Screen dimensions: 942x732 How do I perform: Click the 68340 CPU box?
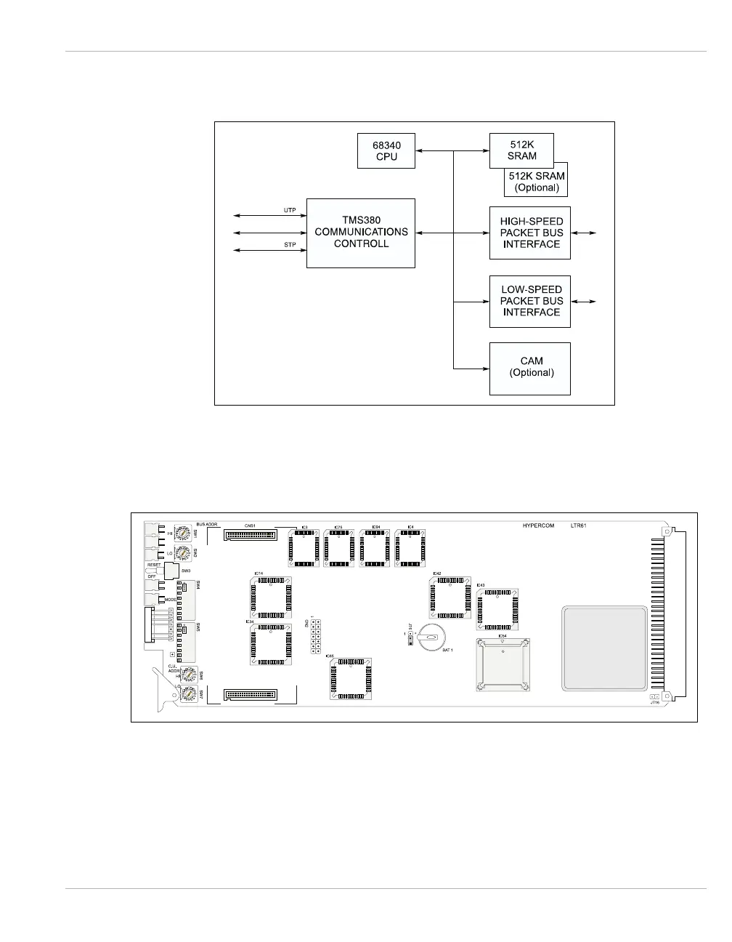point(386,150)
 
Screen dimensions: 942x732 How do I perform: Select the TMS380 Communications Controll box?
point(361,233)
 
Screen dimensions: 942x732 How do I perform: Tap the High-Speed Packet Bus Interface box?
point(530,233)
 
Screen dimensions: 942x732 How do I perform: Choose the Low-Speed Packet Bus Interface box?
point(530,301)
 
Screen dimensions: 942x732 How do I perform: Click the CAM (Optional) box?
point(530,368)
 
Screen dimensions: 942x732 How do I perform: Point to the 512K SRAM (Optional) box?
point(536,182)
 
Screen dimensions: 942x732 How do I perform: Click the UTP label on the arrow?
point(289,211)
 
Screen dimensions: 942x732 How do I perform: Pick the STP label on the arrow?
point(289,245)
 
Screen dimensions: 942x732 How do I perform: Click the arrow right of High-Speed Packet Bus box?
point(584,233)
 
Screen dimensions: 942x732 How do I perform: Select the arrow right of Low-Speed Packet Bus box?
point(584,301)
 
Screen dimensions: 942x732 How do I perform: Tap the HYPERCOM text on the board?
point(538,526)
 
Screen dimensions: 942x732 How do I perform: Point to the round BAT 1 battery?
point(430,637)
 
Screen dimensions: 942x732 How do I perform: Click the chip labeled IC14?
point(270,597)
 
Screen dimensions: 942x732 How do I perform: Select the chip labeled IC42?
point(450,597)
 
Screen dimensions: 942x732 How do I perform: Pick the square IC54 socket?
point(503,664)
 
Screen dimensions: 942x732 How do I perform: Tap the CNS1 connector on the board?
point(251,536)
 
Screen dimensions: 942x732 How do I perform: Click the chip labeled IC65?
point(351,680)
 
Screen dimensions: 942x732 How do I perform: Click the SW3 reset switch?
point(171,571)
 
